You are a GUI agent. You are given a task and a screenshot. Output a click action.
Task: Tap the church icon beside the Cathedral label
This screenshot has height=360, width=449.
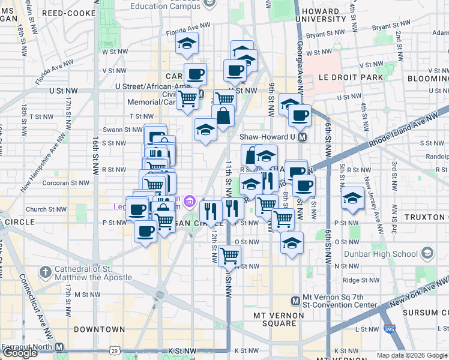tap(44, 272)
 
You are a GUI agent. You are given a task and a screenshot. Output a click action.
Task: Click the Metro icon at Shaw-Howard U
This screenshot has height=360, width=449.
tap(303, 137)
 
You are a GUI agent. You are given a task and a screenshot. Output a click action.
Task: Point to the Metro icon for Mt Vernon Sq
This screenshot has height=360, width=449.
tap(295, 301)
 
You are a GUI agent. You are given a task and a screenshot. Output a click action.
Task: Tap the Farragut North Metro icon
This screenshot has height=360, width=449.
tap(59, 347)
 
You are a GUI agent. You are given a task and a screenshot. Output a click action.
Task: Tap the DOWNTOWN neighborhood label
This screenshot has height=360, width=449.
tap(100, 329)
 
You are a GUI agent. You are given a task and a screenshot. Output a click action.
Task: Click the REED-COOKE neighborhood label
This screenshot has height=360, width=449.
tap(69, 13)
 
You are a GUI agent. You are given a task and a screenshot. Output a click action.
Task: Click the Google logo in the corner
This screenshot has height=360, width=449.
tap(20, 353)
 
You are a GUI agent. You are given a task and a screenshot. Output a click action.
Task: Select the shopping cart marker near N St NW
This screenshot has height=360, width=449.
tap(230, 255)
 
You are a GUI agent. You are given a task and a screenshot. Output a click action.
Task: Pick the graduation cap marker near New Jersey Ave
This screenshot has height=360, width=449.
tap(352, 197)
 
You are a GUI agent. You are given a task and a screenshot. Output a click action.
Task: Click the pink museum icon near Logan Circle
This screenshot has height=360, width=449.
tap(190, 200)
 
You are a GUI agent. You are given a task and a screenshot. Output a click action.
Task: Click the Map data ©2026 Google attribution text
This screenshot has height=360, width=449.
tap(412, 355)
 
